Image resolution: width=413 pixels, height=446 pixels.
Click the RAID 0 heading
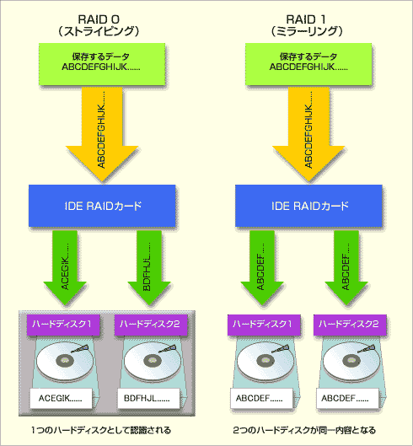click(99, 19)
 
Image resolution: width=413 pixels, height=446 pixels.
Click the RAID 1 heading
click(305, 19)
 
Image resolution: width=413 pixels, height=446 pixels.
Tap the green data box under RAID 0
click(102, 64)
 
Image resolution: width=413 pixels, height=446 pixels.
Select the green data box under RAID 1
click(308, 64)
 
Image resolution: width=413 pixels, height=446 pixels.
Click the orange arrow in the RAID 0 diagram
click(102, 134)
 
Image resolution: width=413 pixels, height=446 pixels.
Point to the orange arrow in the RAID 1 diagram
click(308, 134)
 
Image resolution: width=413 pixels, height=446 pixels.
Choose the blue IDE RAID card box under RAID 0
click(102, 206)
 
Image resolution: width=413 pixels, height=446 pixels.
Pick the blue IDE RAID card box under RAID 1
click(308, 206)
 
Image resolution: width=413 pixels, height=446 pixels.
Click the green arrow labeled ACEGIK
click(65, 267)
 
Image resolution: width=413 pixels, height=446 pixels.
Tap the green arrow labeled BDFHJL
click(149, 267)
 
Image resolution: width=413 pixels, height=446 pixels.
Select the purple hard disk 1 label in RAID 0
click(63, 325)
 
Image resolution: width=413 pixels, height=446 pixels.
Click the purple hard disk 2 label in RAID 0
click(151, 325)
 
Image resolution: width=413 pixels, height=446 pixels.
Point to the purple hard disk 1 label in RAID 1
click(264, 325)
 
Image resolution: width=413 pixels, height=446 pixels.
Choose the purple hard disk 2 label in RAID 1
click(350, 325)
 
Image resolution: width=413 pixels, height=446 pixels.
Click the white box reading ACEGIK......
click(61, 398)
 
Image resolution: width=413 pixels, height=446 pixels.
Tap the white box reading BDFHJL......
click(148, 398)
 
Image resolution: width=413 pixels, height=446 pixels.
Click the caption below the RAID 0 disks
click(101, 430)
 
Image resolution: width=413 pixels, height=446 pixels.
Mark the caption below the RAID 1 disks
click(304, 430)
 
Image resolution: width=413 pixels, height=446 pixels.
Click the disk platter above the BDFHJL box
click(153, 361)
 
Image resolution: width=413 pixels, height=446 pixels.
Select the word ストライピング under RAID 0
click(99, 31)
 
